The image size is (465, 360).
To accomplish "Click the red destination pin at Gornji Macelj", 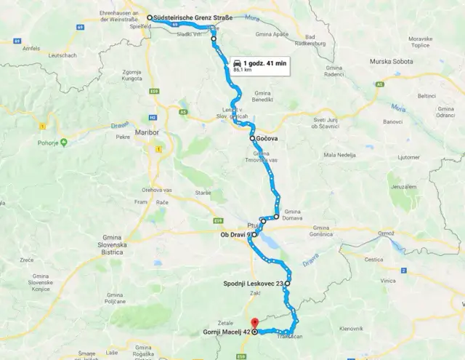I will point(254,324).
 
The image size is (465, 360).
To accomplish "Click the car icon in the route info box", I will point(238,64).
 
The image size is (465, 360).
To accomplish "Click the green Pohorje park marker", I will point(63,143).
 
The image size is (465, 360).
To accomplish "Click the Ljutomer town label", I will point(408,156).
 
